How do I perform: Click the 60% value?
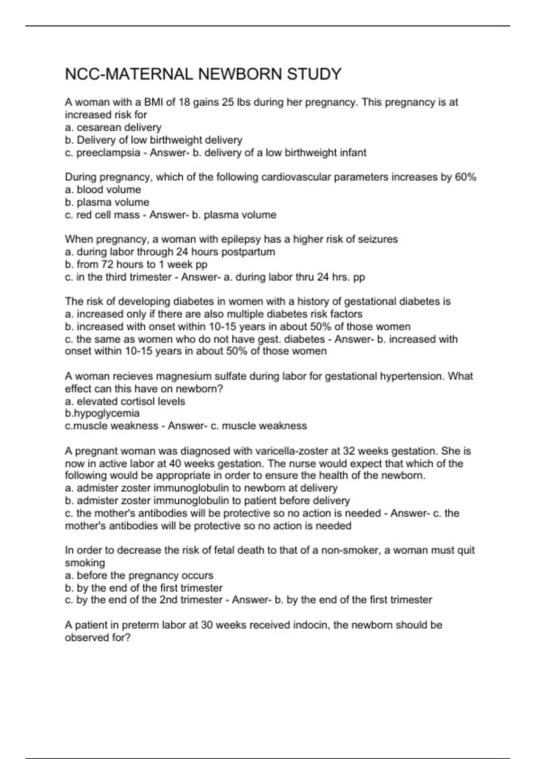pyautogui.click(x=465, y=177)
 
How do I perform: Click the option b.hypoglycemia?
pyautogui.click(x=102, y=413)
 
